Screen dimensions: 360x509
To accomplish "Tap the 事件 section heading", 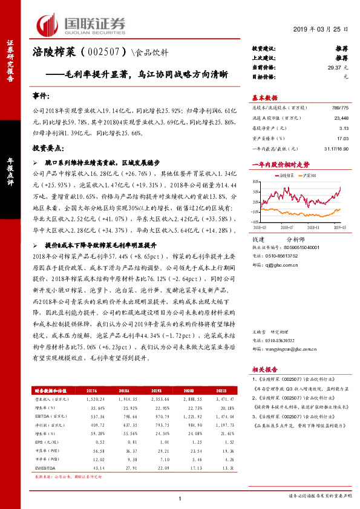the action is point(41,96).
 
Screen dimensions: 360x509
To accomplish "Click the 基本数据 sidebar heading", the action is point(265,98).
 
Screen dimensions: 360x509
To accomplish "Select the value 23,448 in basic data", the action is point(339,119).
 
